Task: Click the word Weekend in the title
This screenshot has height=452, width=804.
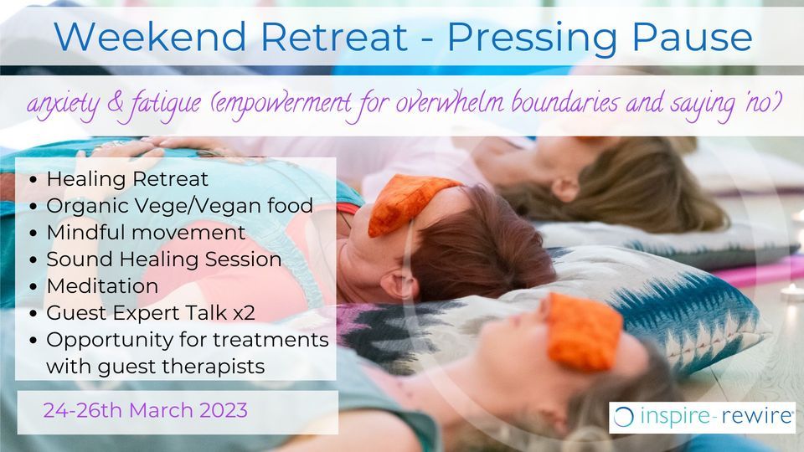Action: (x=150, y=36)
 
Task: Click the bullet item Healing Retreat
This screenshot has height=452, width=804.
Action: (x=127, y=179)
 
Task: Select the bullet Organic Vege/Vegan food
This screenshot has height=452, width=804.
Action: (x=179, y=206)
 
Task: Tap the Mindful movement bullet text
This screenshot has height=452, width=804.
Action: (x=146, y=232)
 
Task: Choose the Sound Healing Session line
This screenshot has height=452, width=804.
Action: (x=163, y=259)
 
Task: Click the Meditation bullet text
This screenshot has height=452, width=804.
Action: (x=102, y=286)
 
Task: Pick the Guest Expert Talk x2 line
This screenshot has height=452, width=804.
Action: (x=150, y=312)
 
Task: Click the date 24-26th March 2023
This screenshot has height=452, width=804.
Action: (x=145, y=410)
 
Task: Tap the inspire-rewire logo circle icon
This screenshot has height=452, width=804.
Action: (x=623, y=417)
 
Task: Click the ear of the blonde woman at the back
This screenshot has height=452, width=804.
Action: (x=566, y=189)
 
